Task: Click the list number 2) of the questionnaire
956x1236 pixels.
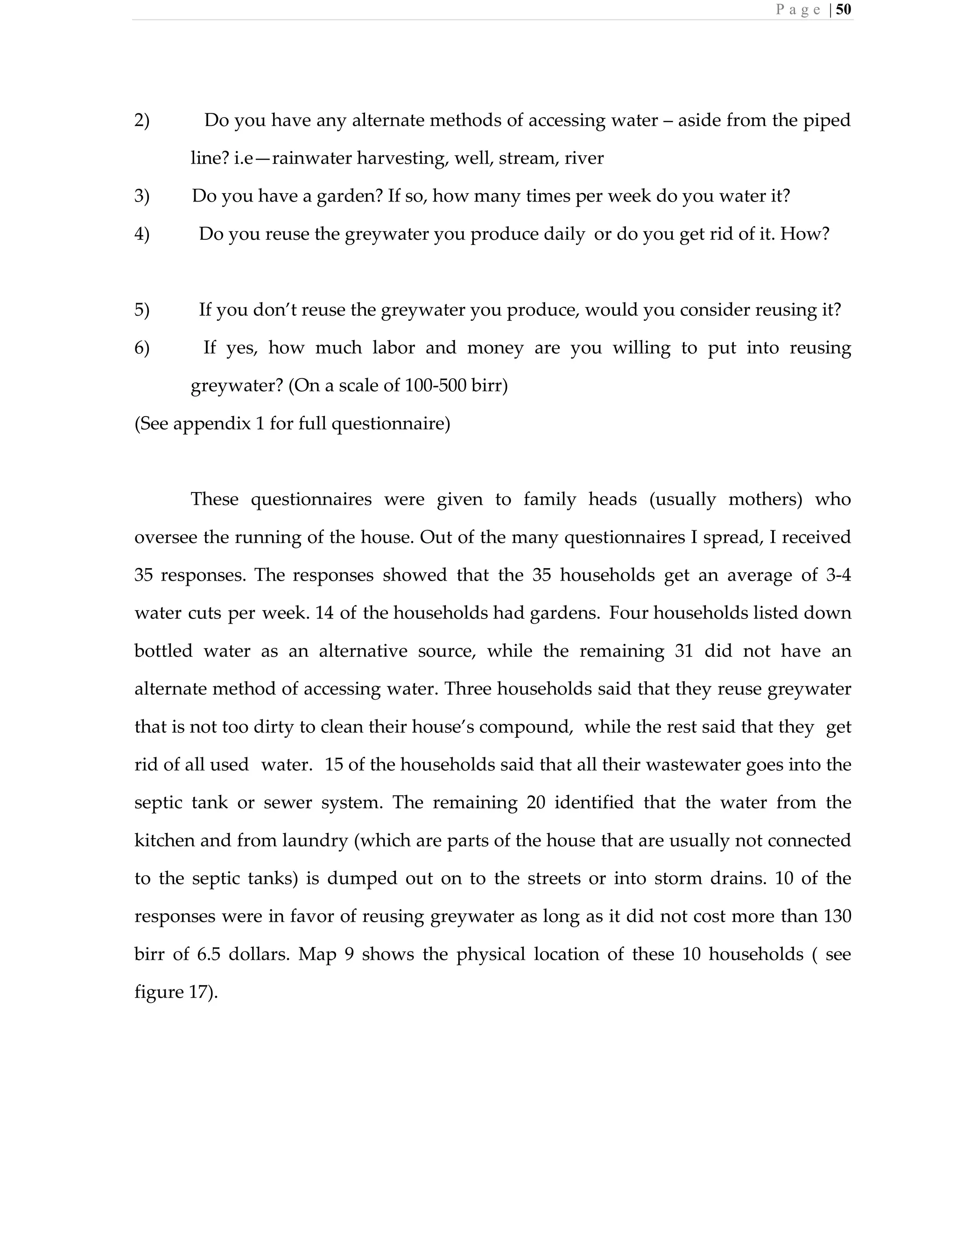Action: tap(141, 120)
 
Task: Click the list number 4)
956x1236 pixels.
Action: tap(141, 234)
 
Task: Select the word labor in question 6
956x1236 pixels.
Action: tap(393, 347)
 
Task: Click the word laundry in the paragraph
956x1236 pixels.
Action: tap(315, 841)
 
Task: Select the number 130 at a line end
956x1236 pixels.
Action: tap(837, 916)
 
